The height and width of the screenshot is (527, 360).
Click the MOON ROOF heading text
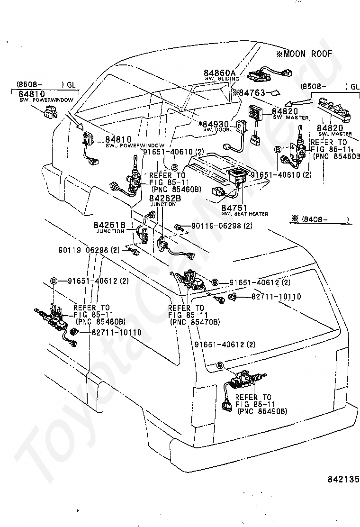click(307, 54)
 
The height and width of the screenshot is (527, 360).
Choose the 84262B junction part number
click(165, 199)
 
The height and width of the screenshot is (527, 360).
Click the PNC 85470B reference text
click(194, 322)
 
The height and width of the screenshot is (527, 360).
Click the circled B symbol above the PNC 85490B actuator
click(220, 364)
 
